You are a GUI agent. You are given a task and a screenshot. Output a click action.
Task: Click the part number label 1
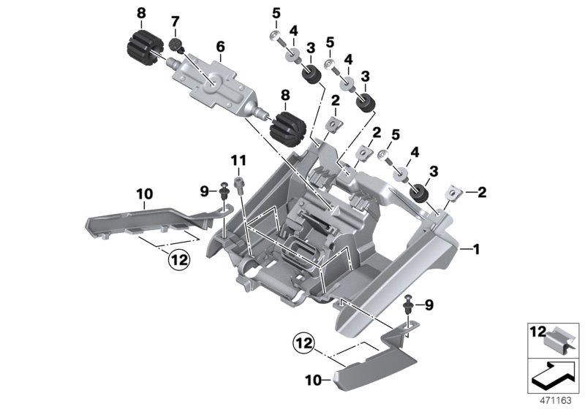(477, 250)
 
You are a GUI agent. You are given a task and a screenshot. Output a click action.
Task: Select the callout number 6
(219, 47)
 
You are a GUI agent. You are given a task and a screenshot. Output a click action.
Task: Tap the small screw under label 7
(176, 46)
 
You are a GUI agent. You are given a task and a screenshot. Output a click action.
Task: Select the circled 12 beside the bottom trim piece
(306, 341)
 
